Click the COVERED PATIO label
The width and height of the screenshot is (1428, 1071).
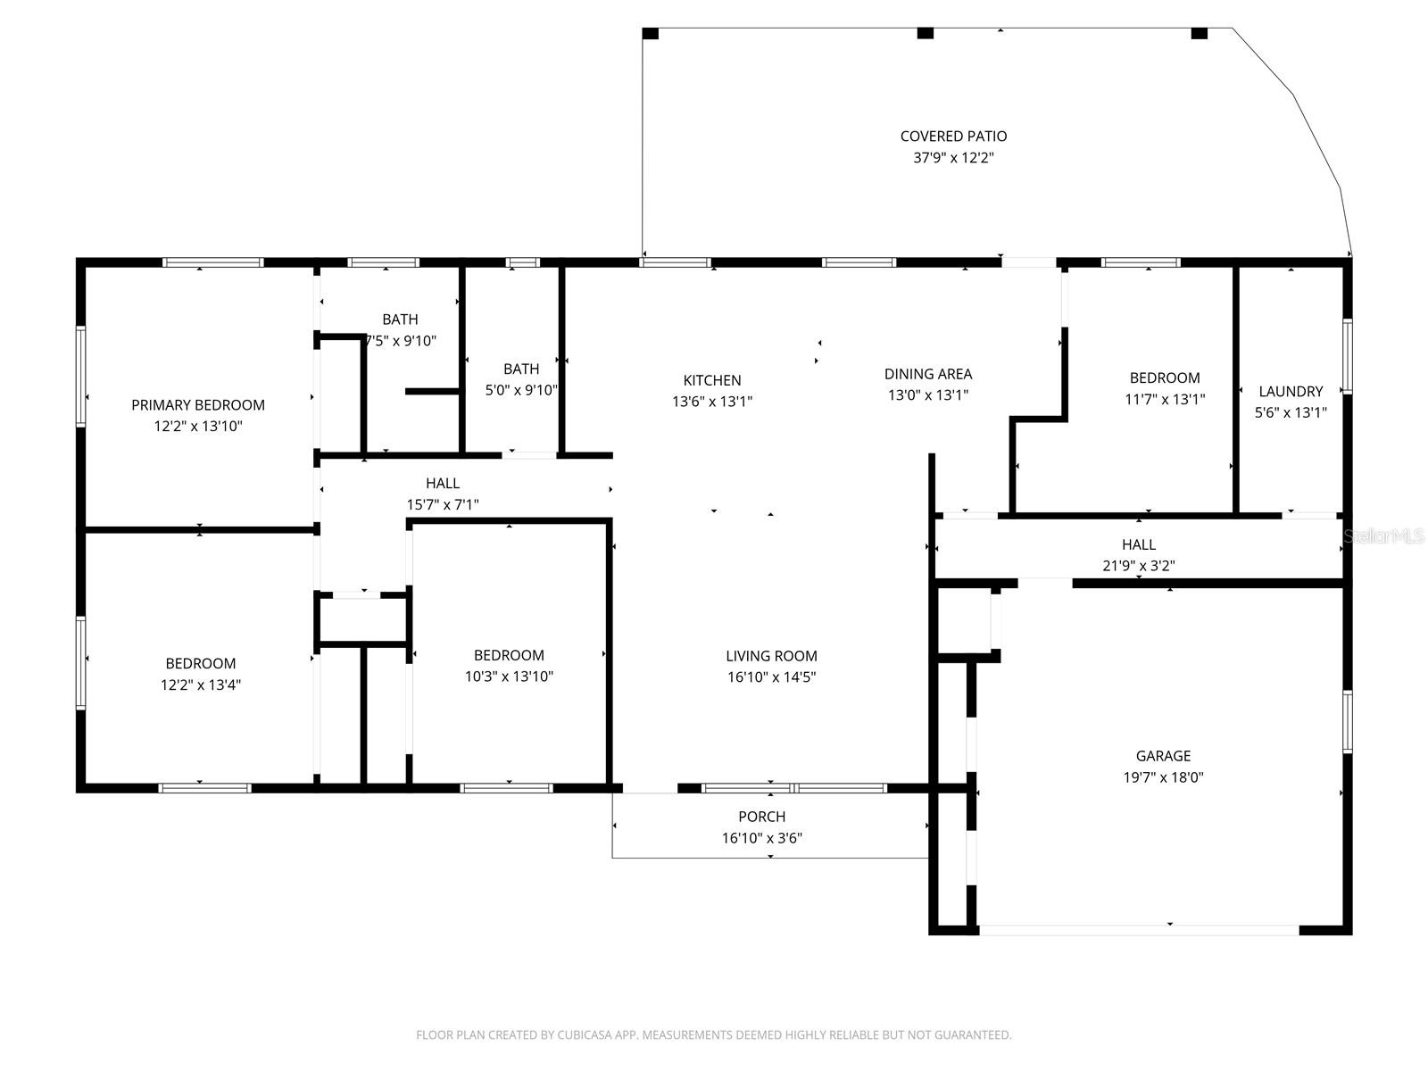pos(953,137)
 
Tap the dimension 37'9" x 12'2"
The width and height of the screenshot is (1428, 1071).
pos(953,158)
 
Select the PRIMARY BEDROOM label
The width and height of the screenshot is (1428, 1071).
pos(198,405)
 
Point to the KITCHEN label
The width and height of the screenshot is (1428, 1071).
pos(712,380)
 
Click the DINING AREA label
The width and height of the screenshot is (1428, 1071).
pos(928,374)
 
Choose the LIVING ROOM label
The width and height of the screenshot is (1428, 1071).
pos(771,656)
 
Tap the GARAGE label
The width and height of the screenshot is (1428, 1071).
pos(1163,756)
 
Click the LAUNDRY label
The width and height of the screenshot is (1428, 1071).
pos(1291,391)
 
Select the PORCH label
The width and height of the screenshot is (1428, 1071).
pos(761,817)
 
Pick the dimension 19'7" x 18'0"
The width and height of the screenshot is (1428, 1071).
pos(1163,777)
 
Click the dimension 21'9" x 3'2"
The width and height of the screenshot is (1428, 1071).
pos(1138,566)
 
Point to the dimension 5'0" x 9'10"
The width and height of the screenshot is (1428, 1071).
pos(521,390)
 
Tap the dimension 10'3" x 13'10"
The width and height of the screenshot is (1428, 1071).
pos(509,677)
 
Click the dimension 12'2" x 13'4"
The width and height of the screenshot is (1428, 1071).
pos(201,685)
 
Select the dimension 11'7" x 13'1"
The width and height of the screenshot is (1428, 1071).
pos(1165,400)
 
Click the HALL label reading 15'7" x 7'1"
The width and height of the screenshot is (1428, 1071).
pos(443,484)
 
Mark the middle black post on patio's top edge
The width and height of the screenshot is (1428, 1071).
pos(926,34)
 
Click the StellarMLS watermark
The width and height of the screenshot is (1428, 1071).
pos(1384,536)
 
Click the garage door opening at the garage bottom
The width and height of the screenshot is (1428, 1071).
pos(1139,930)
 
